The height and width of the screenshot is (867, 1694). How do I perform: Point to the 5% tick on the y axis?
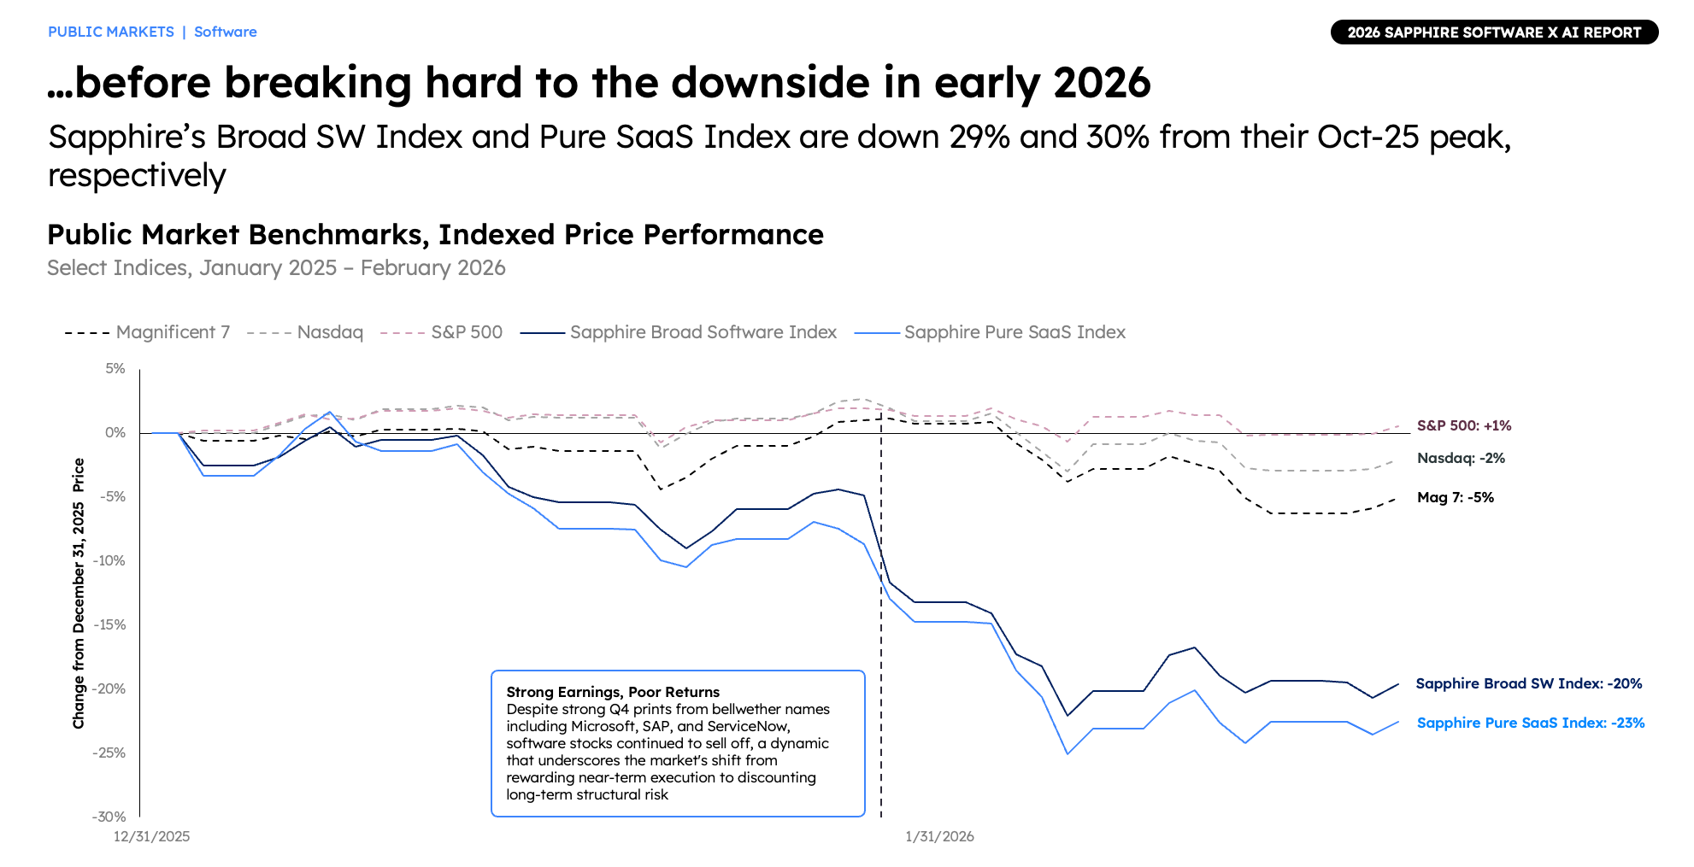(115, 369)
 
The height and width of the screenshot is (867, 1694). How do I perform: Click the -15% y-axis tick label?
(109, 625)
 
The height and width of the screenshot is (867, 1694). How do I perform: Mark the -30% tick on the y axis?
(109, 817)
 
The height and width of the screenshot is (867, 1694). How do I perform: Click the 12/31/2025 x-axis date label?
(152, 837)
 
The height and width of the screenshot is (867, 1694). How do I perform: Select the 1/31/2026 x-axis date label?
(939, 837)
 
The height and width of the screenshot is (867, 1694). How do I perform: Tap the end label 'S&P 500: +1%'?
(1464, 425)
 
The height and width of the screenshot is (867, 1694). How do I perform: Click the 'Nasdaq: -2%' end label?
(1461, 459)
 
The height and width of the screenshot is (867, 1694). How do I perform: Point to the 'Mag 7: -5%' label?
(1456, 498)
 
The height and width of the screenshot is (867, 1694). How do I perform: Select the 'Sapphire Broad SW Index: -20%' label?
(1529, 684)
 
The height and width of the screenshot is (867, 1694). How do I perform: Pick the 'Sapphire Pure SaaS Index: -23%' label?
(1531, 723)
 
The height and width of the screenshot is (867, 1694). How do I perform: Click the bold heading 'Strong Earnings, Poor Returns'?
(613, 692)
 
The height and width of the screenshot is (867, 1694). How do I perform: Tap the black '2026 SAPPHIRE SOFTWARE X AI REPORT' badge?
(1494, 32)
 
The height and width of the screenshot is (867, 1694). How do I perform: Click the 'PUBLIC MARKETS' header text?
(111, 32)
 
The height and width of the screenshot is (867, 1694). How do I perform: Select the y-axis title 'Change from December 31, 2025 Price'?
(79, 593)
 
